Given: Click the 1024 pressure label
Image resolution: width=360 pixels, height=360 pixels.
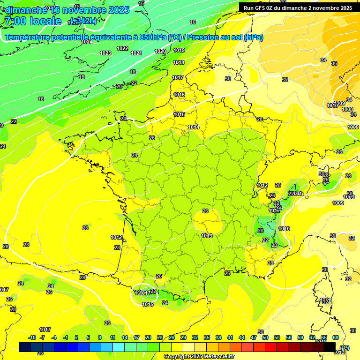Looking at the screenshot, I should (87, 42).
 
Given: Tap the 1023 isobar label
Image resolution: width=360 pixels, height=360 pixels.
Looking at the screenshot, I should (105, 53).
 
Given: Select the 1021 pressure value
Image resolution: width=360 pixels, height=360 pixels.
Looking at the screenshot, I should (136, 53).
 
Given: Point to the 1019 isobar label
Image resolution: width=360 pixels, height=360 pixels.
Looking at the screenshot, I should (179, 50).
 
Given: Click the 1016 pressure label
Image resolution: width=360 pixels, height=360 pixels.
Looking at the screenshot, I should (179, 95).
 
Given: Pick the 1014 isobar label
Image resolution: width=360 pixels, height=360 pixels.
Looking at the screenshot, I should (194, 127).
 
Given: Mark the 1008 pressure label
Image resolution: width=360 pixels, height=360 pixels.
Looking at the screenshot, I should (347, 109).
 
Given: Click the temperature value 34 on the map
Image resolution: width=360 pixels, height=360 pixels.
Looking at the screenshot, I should (323, 60).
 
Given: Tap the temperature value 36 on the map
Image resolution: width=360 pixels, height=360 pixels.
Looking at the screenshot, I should (334, 63).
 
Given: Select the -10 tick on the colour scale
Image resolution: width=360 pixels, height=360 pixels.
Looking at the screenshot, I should (32, 337).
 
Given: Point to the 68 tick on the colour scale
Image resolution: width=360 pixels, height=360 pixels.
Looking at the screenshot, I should (336, 337).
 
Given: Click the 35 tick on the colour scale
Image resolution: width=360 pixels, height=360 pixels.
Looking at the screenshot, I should (207, 337).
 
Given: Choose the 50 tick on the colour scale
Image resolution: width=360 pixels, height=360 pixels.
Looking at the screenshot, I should (265, 337).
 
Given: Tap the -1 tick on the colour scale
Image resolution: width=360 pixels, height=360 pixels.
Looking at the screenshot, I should (66, 337).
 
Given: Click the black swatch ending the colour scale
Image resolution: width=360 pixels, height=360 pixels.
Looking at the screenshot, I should (330, 347).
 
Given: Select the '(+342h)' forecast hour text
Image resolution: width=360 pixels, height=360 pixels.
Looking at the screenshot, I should (83, 21).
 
